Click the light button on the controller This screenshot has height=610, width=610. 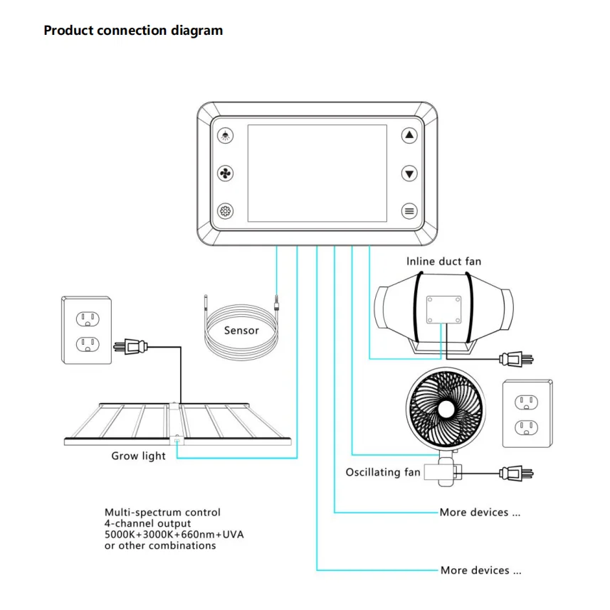(x=226, y=136)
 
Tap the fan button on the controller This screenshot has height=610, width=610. (x=226, y=173)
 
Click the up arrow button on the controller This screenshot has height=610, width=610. (x=409, y=136)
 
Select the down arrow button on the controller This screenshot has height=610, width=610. (x=409, y=173)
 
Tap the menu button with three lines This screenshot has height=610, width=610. (x=409, y=210)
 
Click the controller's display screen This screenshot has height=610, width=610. (x=317, y=173)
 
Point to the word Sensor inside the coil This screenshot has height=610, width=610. (x=241, y=330)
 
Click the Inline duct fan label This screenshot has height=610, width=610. (x=443, y=262)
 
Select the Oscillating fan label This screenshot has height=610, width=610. (x=382, y=472)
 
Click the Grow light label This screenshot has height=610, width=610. (x=138, y=456)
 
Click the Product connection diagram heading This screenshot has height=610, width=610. (x=133, y=31)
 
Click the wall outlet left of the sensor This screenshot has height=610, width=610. (x=86, y=331)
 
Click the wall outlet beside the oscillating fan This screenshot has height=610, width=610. (x=527, y=414)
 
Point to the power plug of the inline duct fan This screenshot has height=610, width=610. (x=515, y=358)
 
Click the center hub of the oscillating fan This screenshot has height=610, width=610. (x=446, y=410)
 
